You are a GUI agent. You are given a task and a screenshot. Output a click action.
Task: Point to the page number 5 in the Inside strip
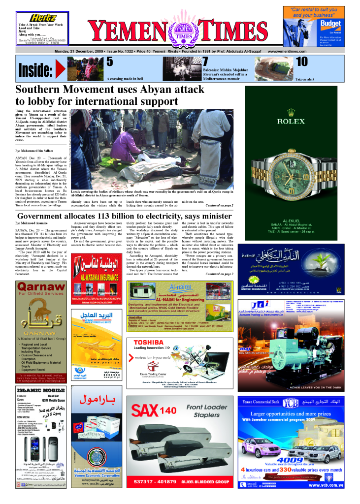click(x=110, y=62)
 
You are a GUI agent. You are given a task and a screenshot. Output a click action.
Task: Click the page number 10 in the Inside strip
click(x=301, y=62)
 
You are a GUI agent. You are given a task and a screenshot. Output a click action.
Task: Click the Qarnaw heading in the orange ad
click(x=34, y=287)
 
